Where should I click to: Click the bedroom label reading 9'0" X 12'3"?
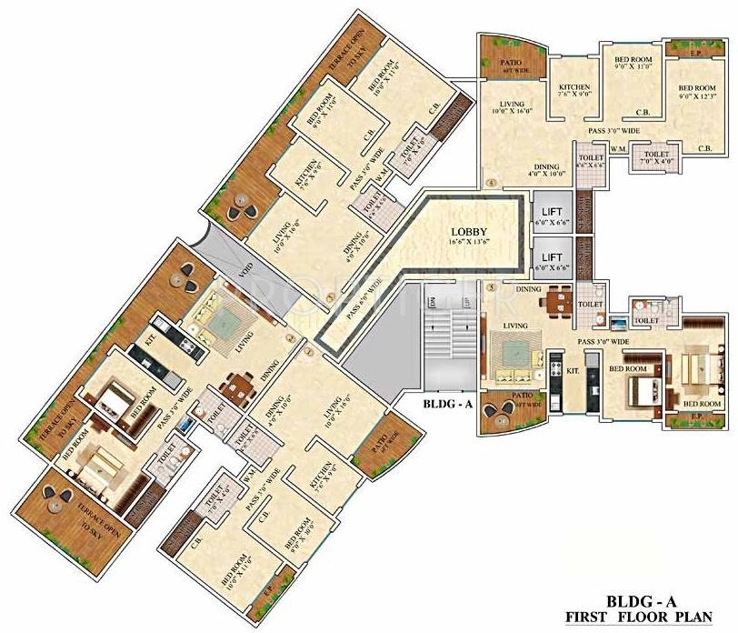[697, 94]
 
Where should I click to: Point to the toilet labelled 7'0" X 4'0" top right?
[657, 159]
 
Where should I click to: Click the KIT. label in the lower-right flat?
[573, 371]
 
